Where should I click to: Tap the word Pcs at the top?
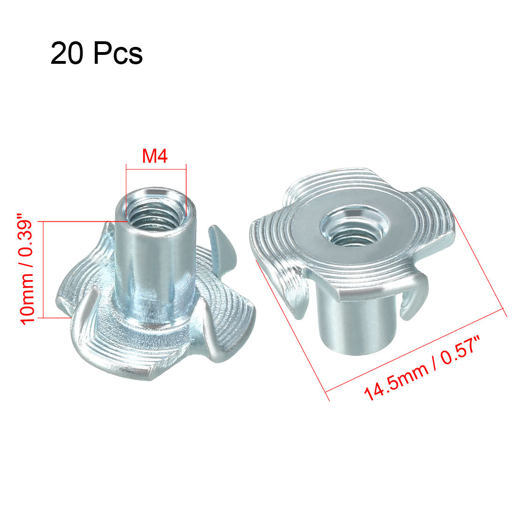[118, 53]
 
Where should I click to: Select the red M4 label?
[155, 156]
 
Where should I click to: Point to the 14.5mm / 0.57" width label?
[422, 367]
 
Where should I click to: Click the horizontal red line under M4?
[156, 169]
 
